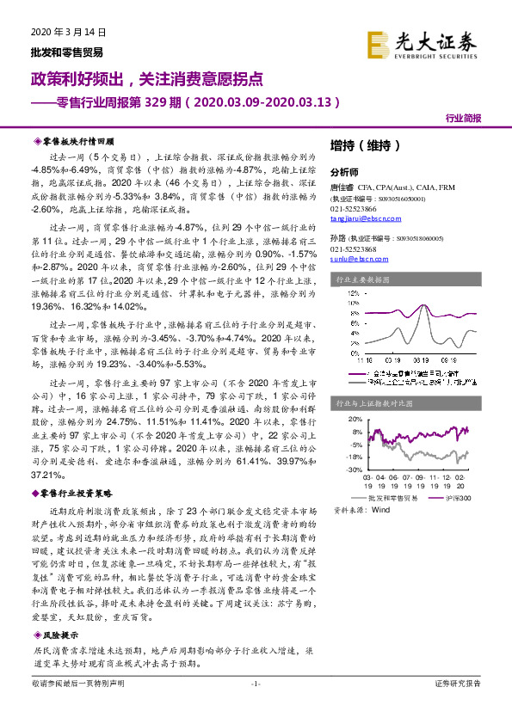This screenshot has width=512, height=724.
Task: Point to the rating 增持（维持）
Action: tap(366, 145)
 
